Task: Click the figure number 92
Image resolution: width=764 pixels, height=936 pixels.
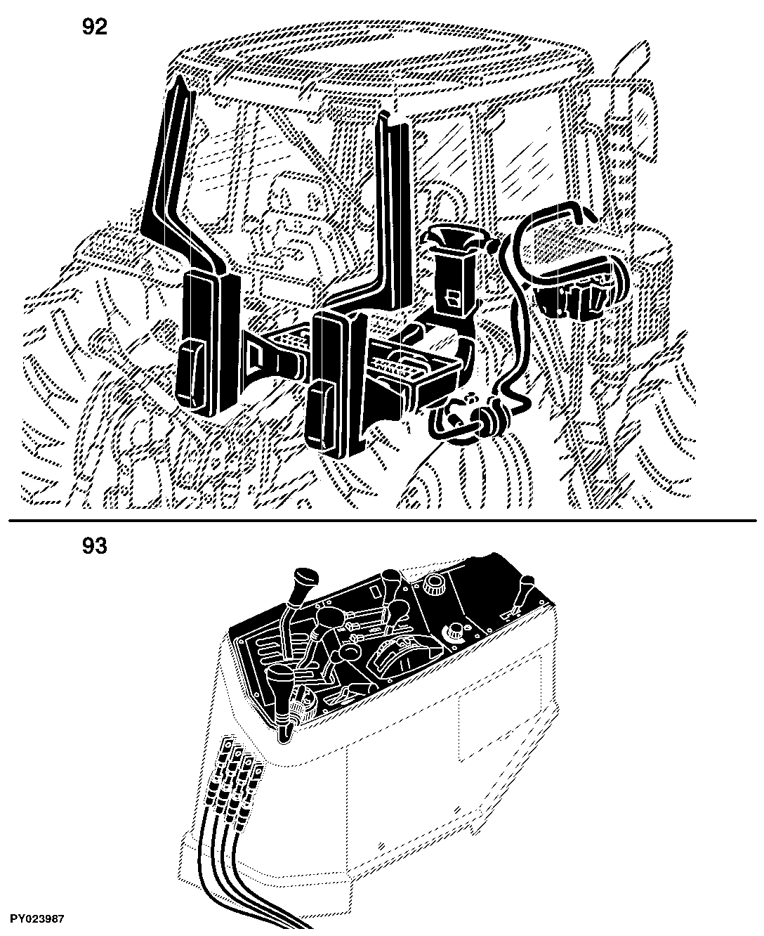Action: [x=95, y=27]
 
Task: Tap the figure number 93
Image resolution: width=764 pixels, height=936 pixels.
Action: [x=95, y=545]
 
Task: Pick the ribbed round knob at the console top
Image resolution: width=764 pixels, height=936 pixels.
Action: [x=435, y=585]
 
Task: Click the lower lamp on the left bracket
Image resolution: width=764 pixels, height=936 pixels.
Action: [x=192, y=375]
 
